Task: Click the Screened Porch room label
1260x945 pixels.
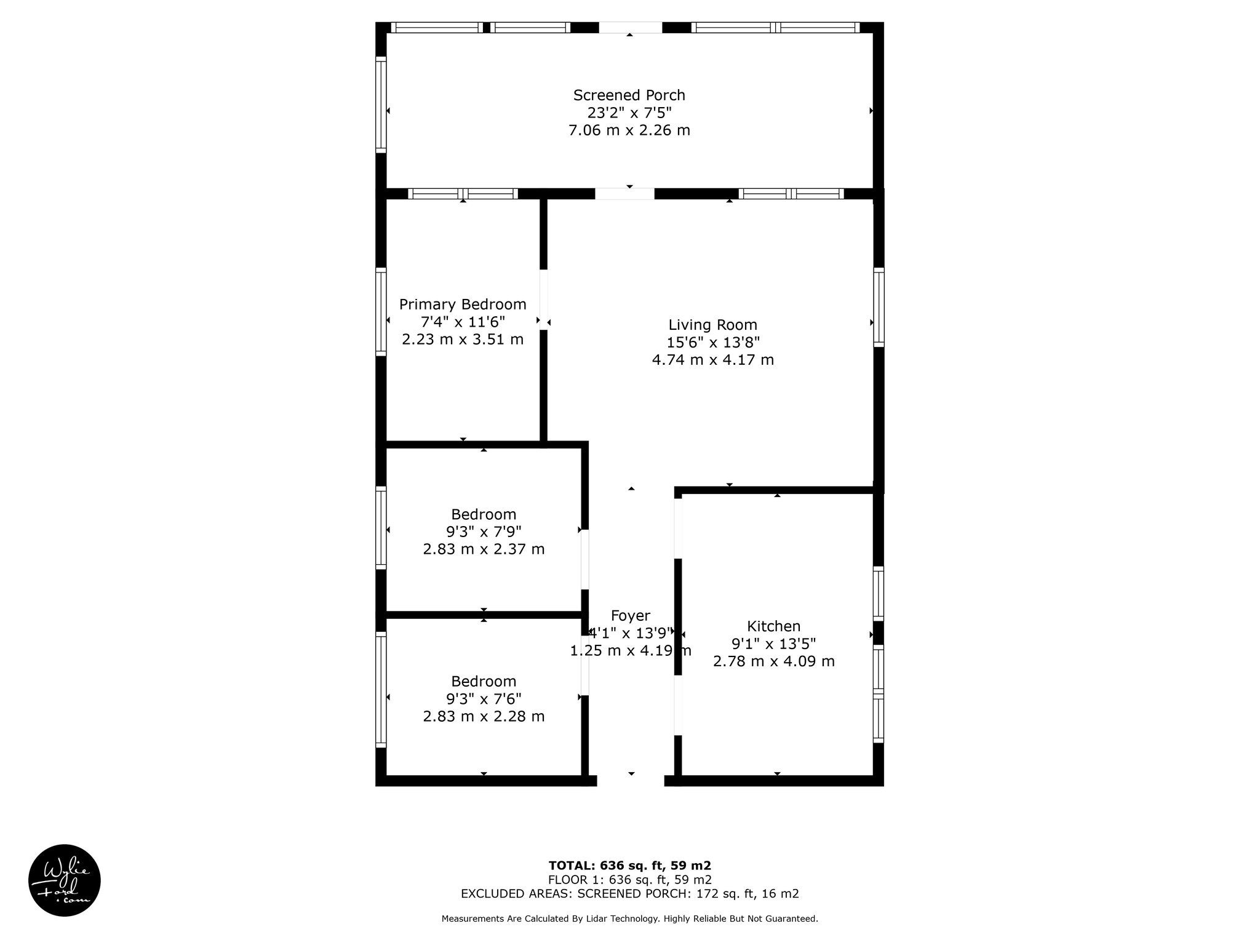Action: point(629,95)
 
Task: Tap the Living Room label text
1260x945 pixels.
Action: point(712,325)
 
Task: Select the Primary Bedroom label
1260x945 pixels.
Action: point(463,305)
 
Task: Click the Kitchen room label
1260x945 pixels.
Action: point(773,626)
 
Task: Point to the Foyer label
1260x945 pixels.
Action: point(630,616)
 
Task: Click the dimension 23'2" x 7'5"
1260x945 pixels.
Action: point(629,113)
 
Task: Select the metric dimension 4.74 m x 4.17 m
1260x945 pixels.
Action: point(712,360)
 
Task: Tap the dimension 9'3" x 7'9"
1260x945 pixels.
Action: point(484,532)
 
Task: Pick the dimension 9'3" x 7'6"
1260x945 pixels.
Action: point(484,699)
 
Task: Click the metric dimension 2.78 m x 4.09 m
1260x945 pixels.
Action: point(773,661)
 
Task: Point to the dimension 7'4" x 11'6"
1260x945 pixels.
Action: point(463,322)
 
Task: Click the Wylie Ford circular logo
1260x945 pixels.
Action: point(65,880)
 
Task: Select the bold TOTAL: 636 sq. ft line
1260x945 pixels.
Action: point(630,866)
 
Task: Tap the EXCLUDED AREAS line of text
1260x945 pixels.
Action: point(630,894)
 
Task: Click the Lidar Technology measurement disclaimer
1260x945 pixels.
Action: point(630,919)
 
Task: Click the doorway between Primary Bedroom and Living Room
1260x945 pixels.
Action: point(544,300)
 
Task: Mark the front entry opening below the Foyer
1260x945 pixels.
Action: point(631,781)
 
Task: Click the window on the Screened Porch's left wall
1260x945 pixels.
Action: point(381,105)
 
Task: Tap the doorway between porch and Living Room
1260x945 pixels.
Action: point(624,194)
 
